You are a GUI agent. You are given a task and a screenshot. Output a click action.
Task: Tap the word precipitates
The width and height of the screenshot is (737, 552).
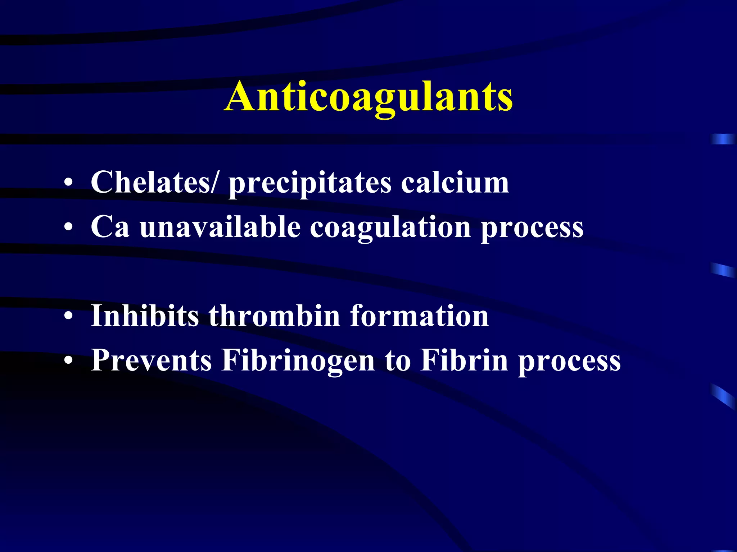pos(310,183)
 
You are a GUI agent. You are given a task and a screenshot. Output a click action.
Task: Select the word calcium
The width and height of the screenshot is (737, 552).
pos(455,182)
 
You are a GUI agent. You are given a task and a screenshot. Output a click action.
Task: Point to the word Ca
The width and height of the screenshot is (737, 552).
pos(110,227)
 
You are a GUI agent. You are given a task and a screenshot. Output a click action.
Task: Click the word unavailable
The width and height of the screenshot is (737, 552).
pos(220,227)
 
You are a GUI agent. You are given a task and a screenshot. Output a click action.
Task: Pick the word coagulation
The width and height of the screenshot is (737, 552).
pos(390,228)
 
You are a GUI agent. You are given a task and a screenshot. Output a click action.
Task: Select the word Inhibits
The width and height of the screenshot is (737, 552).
pos(145,316)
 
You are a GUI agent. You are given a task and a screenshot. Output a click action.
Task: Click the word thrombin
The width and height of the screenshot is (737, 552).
pos(274,316)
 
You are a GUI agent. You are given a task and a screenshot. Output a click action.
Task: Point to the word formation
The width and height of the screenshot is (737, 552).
pos(419,316)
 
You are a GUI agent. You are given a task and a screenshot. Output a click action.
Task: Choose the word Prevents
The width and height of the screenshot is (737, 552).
pos(151,360)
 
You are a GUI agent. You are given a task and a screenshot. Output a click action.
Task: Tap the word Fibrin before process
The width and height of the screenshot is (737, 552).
pos(464,360)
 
